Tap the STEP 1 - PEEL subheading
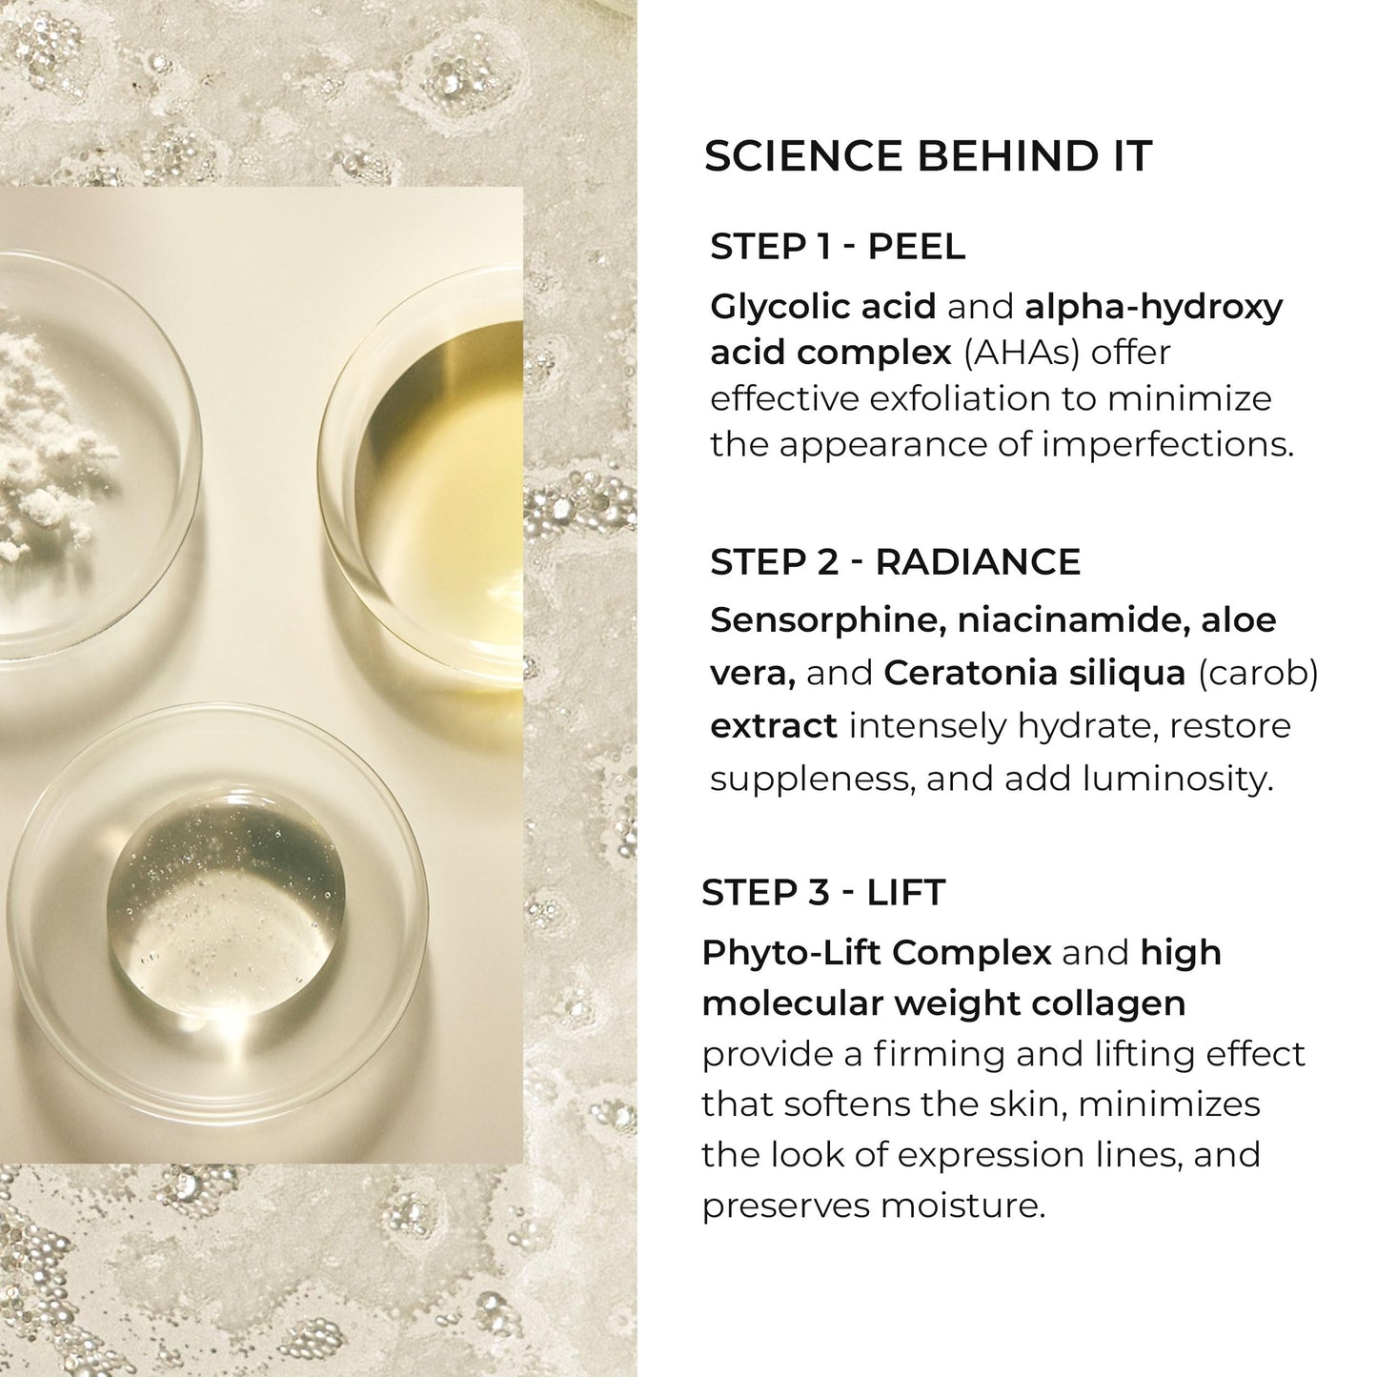838,247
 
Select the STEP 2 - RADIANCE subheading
895,562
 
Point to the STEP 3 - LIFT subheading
822,893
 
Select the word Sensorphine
825,620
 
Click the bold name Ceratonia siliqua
1034,673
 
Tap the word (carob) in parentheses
1258,673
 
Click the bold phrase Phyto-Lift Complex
876,952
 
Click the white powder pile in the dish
48,438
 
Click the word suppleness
809,780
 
